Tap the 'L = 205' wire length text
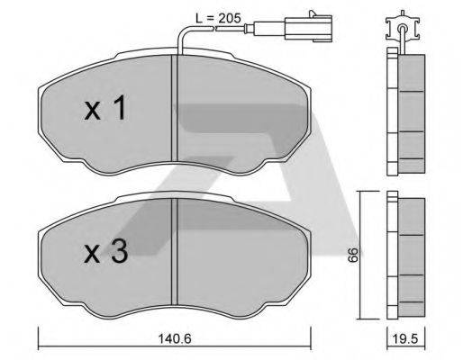tap(219, 16)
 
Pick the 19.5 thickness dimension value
tap(404, 340)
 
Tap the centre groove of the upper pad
tap(174, 112)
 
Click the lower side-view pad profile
tap(404, 256)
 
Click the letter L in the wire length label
tap(199, 16)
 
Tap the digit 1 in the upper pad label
tap(118, 111)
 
